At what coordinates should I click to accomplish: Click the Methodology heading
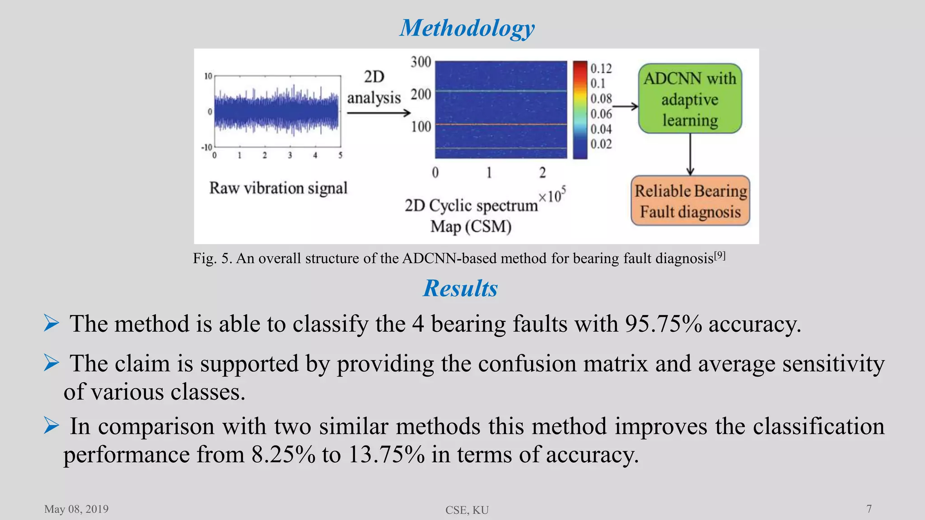point(467,28)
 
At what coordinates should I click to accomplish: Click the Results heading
point(460,288)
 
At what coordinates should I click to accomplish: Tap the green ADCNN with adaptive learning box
point(690,99)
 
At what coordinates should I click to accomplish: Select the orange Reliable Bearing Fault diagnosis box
point(690,201)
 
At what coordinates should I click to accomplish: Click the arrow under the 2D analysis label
point(378,113)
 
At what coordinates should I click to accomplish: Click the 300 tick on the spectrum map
point(421,62)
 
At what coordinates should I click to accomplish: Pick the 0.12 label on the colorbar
point(601,69)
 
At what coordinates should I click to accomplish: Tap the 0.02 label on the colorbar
point(601,144)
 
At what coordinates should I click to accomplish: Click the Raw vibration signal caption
point(278,188)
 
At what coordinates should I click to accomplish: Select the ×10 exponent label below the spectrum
point(552,195)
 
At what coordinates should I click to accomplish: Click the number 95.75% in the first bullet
point(663,324)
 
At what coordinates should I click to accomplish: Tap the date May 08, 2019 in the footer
point(76,509)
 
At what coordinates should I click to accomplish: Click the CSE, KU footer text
point(467,510)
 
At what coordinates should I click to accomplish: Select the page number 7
point(869,509)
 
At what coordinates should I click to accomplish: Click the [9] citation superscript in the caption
point(720,256)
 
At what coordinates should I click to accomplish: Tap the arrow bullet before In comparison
point(51,426)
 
